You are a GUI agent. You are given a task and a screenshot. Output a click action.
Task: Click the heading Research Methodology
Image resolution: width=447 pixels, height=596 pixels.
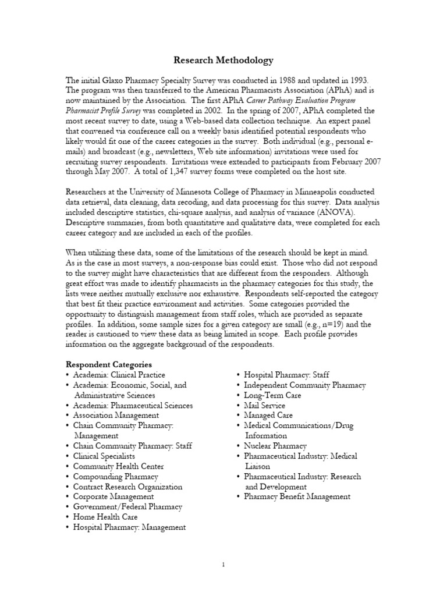tap(223, 60)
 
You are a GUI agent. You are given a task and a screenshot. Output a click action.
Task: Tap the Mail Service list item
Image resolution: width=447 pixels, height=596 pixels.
tap(264, 405)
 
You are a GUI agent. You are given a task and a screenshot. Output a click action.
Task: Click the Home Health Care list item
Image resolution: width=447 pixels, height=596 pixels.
tap(106, 517)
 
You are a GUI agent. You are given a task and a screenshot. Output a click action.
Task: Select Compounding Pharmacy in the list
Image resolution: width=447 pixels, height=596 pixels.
tap(115, 476)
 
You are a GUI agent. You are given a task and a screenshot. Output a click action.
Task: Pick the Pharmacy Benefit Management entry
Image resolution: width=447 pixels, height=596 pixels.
tap(297, 496)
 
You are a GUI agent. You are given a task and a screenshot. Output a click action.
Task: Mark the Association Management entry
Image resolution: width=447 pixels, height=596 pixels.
tap(116, 416)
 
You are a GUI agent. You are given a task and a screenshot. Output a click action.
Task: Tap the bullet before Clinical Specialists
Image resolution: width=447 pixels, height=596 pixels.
tap(68, 456)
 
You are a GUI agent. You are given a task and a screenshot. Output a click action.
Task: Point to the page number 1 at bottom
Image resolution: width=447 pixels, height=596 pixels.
tap(223, 564)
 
